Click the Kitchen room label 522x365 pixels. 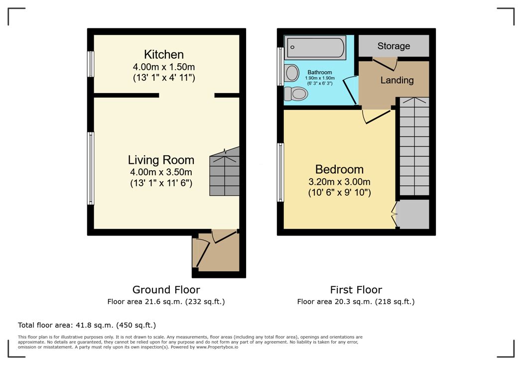[164, 54]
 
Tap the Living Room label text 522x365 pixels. [161, 160]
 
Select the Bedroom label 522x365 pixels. [339, 169]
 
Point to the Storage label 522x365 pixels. [393, 46]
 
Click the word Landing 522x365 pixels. [397, 80]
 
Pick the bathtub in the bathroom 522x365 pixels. [315, 48]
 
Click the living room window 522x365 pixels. [91, 168]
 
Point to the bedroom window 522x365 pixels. [281, 172]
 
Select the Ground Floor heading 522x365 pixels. [166, 289]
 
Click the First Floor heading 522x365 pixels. [356, 289]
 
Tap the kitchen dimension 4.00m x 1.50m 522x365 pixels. [164, 66]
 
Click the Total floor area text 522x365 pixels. [87, 325]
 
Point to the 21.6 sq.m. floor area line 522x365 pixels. [166, 301]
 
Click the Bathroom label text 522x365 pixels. [319, 72]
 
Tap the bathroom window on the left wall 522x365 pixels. [280, 66]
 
